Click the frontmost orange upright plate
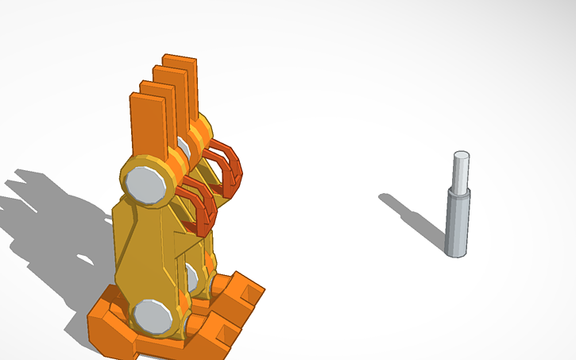coord(148,123)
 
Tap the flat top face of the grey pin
coord(461,154)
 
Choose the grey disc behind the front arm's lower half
coord(191,277)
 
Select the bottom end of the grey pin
coord(455,252)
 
